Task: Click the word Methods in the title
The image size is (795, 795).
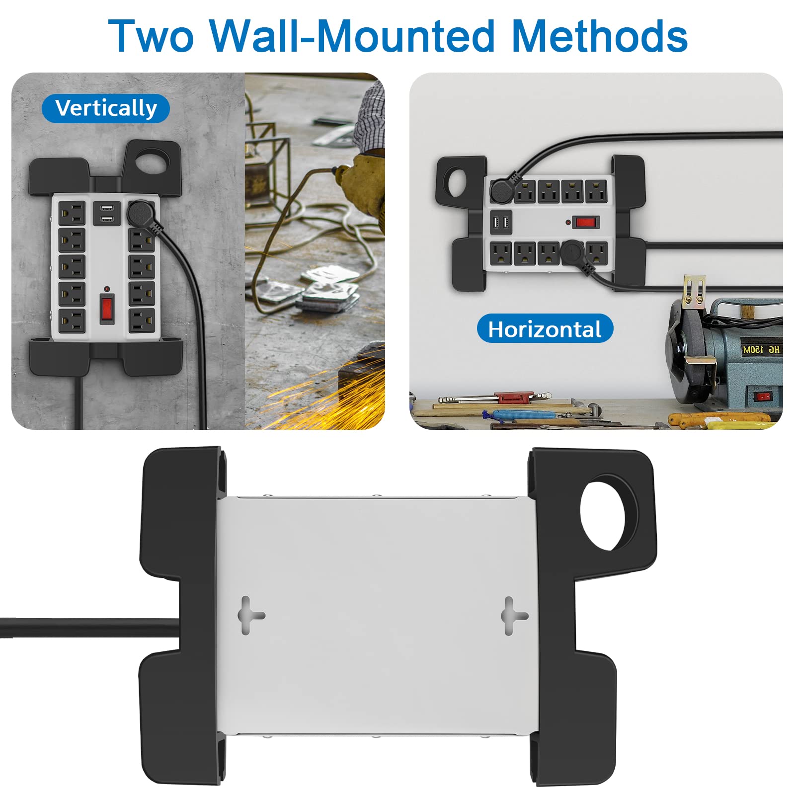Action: click(599, 36)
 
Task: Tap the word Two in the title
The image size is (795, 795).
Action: click(151, 36)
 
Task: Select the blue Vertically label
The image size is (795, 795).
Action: click(106, 108)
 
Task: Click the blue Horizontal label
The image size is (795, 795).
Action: click(545, 329)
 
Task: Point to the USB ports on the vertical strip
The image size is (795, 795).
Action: click(107, 213)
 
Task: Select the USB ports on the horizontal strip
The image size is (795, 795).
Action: click(501, 222)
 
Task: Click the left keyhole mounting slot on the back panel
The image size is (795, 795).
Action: click(250, 615)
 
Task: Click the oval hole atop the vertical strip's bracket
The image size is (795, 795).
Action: click(152, 162)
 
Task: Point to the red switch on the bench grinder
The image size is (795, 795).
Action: click(763, 396)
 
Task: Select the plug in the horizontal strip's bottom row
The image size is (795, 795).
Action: click(576, 255)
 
